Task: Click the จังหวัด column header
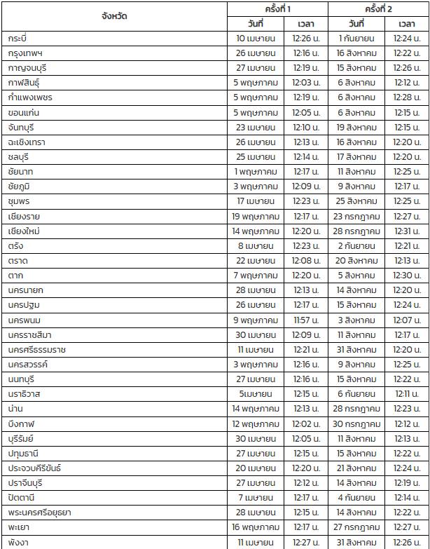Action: point(114,15)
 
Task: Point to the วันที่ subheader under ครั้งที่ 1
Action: point(255,23)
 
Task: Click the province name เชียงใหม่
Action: point(25,231)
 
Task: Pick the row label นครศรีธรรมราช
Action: point(37,349)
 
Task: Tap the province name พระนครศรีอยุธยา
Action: point(40,513)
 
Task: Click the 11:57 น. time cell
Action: point(305,320)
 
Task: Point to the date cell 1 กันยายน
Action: point(356,38)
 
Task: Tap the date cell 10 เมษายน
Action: point(255,38)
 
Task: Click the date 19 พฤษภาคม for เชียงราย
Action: point(255,216)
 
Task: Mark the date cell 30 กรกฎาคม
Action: point(356,423)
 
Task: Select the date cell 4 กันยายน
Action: point(356,498)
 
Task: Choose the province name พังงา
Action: point(19,542)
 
